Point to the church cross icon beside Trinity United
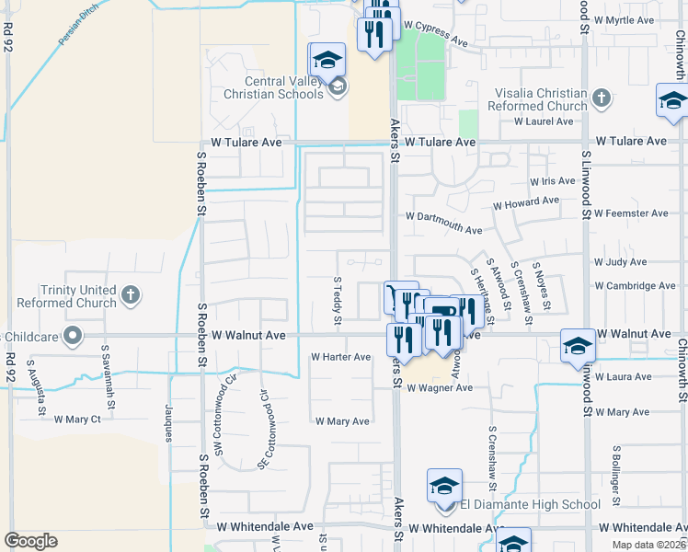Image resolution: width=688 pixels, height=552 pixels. click(131, 295)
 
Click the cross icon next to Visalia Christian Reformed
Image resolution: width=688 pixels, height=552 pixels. click(602, 97)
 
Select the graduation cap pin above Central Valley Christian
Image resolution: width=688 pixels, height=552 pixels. click(327, 61)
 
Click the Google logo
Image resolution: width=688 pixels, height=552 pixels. click(30, 540)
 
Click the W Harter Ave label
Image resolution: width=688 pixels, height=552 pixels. click(340, 356)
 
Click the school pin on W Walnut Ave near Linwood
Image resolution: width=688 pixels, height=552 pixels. click(578, 346)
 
